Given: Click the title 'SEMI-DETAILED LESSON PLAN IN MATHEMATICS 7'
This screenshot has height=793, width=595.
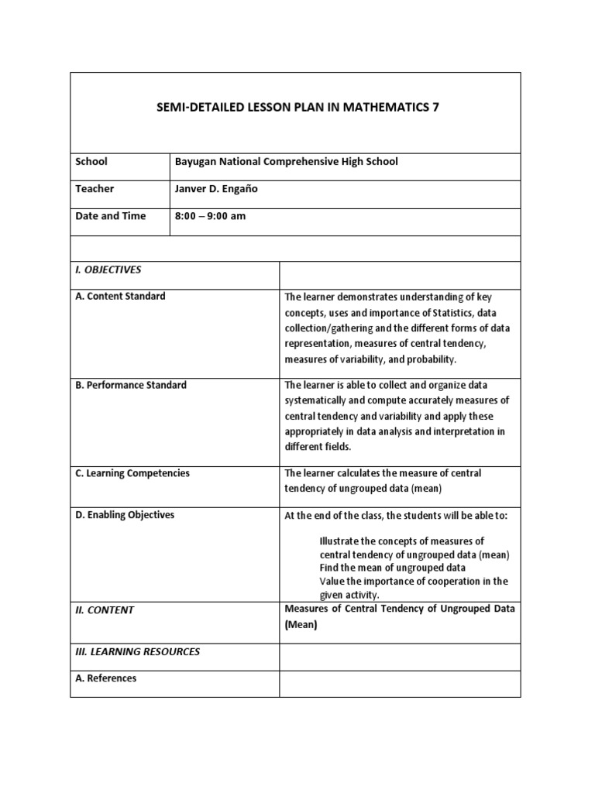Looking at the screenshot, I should pos(298,108).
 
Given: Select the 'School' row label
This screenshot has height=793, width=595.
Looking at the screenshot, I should pos(91,162).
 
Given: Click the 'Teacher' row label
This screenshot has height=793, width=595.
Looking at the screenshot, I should pos(94,189).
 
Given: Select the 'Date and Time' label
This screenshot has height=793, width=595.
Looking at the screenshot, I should pos(110,216).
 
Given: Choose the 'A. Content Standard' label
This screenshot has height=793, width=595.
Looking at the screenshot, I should pos(120,297).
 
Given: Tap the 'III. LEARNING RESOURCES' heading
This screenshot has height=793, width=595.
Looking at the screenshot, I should pos(137,652).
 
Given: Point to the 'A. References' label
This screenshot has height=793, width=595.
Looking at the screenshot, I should pos(105,678).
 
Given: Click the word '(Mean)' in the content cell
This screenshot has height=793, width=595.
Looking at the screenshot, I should pos(301,625).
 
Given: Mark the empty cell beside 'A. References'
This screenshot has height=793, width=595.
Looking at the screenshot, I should pos(400,683).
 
